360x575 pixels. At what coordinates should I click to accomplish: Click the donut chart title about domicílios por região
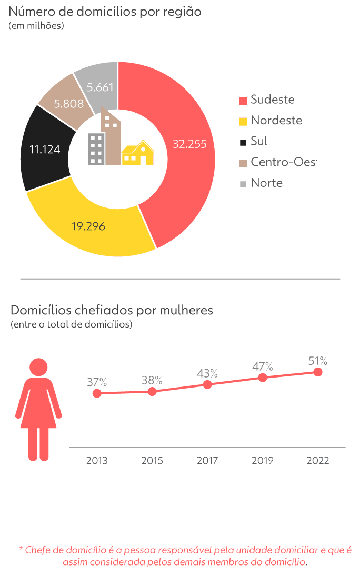tap(105, 12)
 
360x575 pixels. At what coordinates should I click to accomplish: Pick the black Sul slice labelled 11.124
tap(45, 149)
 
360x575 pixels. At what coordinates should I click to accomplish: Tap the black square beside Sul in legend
tap(243, 142)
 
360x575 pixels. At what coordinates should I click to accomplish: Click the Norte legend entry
tap(266, 183)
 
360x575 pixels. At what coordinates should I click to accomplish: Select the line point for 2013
tap(97, 393)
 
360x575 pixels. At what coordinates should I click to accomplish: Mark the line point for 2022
tap(317, 372)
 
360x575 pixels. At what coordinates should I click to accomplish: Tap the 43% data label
tap(207, 373)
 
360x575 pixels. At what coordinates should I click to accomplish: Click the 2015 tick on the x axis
tap(152, 461)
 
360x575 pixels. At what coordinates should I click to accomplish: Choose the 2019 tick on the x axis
tap(262, 461)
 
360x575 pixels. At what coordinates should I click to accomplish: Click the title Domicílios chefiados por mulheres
tap(112, 310)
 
